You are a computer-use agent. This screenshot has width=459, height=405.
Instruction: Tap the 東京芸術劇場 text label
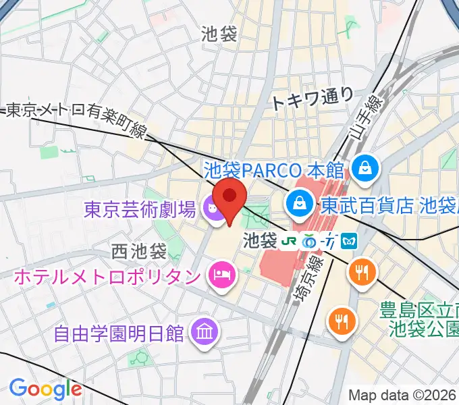[140, 209]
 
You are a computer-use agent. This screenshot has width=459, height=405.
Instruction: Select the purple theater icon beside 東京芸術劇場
[214, 209]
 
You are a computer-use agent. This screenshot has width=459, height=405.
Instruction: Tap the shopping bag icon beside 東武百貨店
[298, 202]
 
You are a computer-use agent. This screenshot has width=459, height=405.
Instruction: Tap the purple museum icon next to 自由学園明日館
[202, 331]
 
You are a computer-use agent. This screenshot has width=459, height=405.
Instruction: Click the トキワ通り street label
[312, 99]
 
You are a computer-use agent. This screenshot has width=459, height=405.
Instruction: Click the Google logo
[45, 388]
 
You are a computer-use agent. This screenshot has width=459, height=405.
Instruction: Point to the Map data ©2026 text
[402, 395]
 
